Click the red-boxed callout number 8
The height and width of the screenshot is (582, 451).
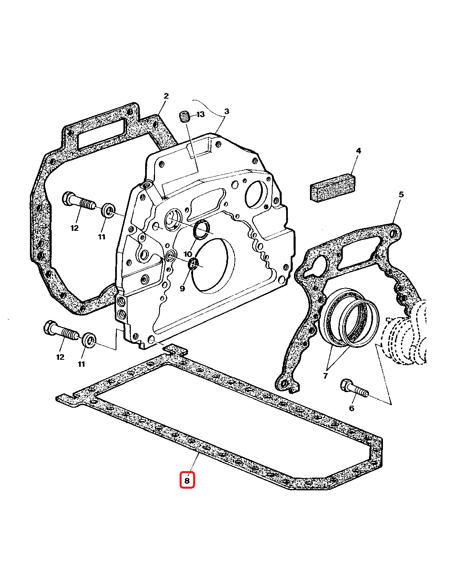tap(187, 480)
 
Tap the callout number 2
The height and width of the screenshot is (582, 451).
tap(166, 96)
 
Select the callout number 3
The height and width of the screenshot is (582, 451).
tap(226, 111)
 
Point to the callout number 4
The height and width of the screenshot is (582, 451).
tap(358, 151)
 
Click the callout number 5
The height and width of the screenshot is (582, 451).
tap(401, 194)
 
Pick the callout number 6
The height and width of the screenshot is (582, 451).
tap(351, 408)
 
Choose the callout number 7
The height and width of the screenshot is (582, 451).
tap(326, 376)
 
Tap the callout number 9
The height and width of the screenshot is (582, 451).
tap(182, 288)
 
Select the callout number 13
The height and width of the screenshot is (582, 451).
tap(200, 114)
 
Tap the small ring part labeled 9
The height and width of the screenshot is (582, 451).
tap(193, 264)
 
